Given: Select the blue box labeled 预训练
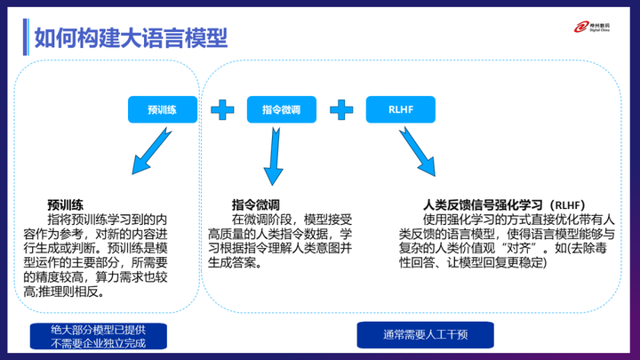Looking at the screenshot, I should pos(162,109).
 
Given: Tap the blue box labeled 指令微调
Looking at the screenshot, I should pos(281,109).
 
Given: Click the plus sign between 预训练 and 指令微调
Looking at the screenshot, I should pos(222,109).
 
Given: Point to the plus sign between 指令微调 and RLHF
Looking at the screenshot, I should pos(341,109).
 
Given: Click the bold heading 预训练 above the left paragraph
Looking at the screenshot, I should pos(67,204).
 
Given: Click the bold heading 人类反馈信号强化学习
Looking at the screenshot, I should pos(485,204).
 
